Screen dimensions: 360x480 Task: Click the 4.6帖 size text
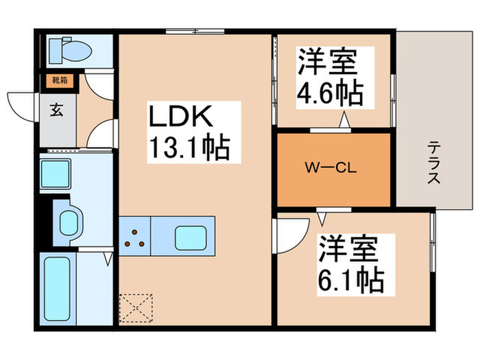click(x=329, y=94)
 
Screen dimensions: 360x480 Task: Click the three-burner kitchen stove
click(x=134, y=237)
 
